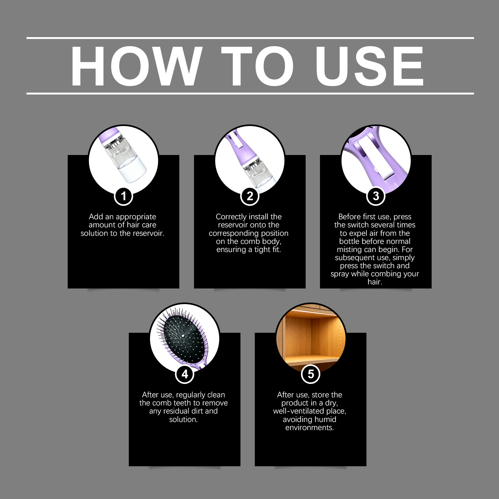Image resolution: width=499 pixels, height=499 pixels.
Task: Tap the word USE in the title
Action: [370, 66]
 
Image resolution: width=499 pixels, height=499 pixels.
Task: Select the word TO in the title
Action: [258, 66]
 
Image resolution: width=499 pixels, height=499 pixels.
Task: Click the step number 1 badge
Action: [124, 196]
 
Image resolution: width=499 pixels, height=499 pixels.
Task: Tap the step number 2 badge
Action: [250, 196]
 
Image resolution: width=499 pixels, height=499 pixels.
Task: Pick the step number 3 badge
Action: [376, 196]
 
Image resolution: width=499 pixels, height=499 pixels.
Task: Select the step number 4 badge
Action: [185, 374]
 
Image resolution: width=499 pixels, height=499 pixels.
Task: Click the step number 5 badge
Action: [311, 374]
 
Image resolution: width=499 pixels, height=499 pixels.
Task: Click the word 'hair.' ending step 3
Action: [375, 282]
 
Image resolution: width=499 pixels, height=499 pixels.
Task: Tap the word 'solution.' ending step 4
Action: [183, 419]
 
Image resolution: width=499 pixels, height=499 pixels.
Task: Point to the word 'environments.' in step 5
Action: [310, 428]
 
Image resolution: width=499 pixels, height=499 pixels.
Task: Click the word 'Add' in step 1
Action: [96, 217]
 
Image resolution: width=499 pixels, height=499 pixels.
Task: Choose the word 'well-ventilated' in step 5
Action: [298, 411]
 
